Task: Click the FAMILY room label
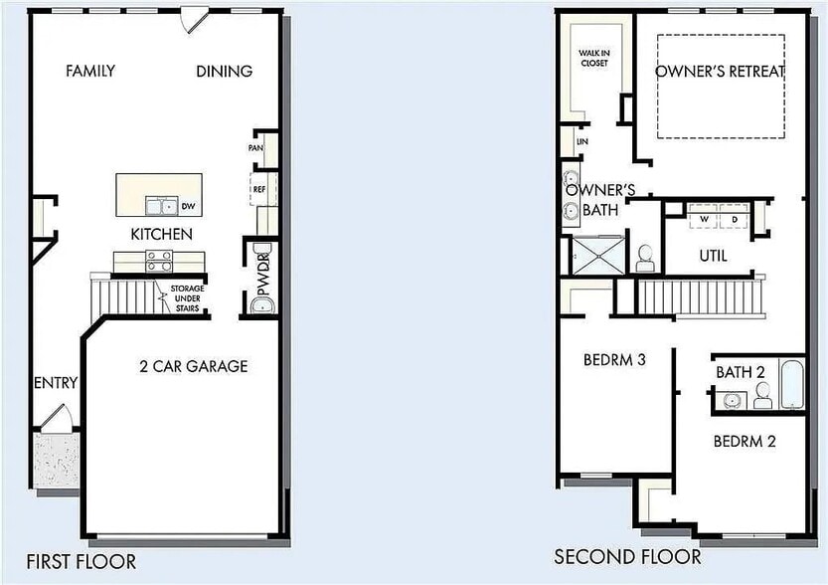click(90, 71)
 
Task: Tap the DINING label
click(224, 71)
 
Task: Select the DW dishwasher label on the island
click(186, 207)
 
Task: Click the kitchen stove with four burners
click(159, 261)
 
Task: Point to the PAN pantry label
click(255, 148)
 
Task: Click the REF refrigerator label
click(257, 187)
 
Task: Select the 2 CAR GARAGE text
click(193, 366)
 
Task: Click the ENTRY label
click(56, 383)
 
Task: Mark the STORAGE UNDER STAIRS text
click(186, 298)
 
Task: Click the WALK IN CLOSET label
click(593, 58)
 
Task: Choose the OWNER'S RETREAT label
click(721, 72)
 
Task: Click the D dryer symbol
click(735, 218)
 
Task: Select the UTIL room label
click(713, 256)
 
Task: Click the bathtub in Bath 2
click(790, 384)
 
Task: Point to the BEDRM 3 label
click(614, 360)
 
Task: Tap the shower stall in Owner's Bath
click(598, 254)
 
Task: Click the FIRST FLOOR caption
click(82, 562)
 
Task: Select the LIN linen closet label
click(581, 142)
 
